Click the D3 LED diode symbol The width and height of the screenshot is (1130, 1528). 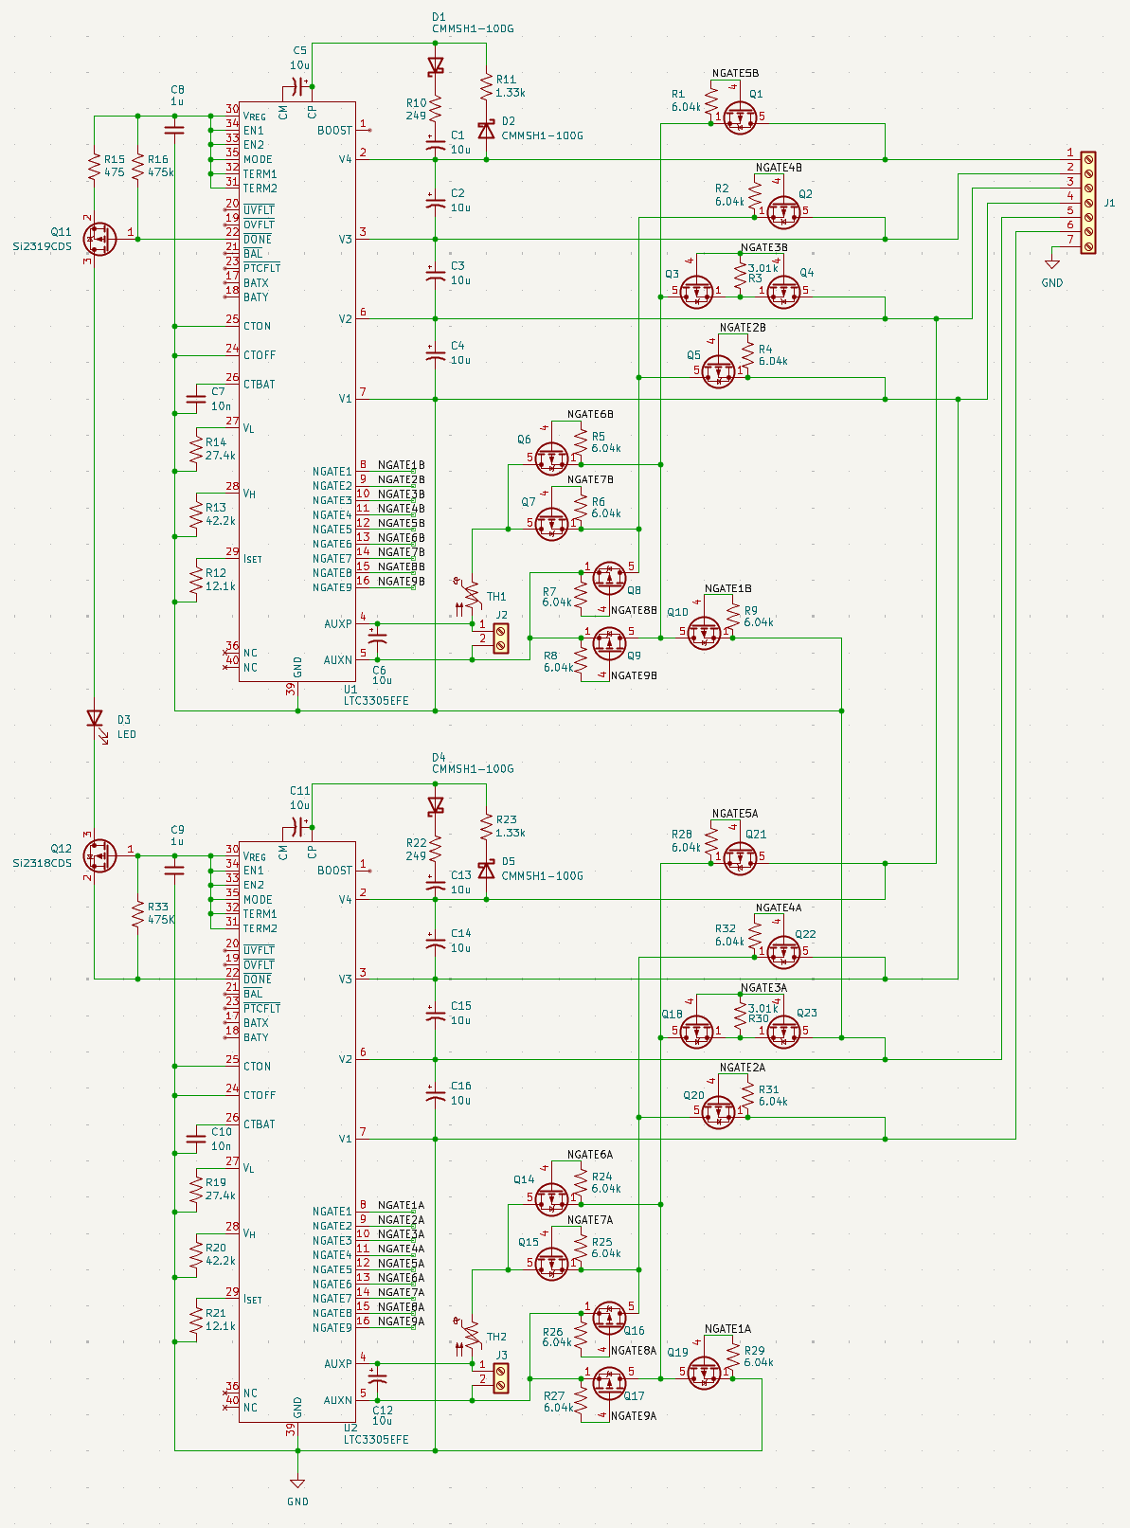pos(95,719)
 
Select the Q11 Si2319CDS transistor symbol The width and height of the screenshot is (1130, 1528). pos(99,239)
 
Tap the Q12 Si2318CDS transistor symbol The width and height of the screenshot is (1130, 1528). pos(99,855)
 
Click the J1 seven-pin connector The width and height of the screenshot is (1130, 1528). pos(1088,203)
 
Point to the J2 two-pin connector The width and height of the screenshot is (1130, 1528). pos(501,638)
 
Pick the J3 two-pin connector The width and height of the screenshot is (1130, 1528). pos(501,1378)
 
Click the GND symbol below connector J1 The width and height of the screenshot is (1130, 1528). pos(1051,264)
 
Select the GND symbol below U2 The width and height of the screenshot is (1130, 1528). pos(297,1483)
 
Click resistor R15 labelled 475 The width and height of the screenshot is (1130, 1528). pos(95,167)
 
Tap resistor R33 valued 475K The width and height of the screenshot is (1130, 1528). pos(137,913)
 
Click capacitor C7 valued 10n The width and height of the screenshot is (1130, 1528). pos(196,399)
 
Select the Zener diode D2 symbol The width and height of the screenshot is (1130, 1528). pos(487,130)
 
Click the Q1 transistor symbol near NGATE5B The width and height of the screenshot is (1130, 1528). pos(740,117)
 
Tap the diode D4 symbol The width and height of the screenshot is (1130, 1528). pos(436,805)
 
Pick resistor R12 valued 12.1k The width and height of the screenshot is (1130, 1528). pos(196,580)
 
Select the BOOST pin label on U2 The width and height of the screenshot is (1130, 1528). pos(335,871)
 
